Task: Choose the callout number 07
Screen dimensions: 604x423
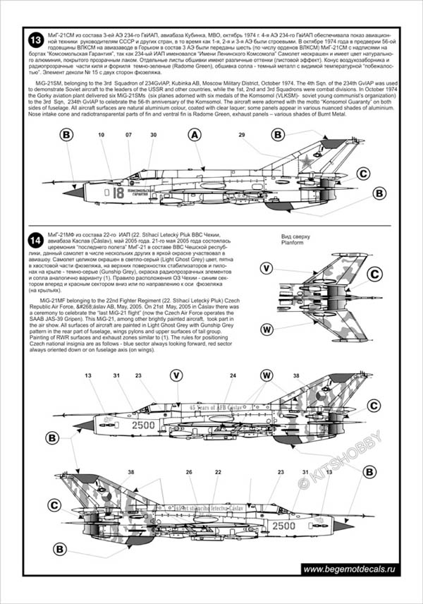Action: tap(128, 134)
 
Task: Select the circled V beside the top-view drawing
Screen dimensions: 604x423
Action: tap(266, 268)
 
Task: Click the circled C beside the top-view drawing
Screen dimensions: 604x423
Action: tap(375, 274)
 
